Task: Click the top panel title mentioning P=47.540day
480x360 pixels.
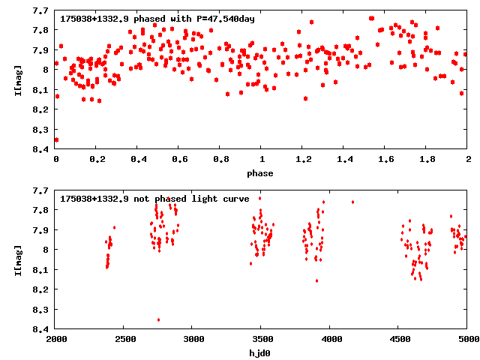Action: coord(157,19)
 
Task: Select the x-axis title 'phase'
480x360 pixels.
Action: coord(261,173)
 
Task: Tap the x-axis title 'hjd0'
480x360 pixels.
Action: coord(261,352)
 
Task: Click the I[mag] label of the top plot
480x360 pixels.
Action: coord(19,80)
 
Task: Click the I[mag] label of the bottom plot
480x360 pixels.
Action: coord(19,259)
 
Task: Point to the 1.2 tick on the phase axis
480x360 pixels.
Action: coord(303,160)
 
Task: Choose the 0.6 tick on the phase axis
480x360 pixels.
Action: coord(179,160)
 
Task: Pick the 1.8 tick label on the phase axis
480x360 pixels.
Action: coord(427,160)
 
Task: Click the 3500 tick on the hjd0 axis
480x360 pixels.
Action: coord(262,340)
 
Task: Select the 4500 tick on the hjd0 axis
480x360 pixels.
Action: coord(399,340)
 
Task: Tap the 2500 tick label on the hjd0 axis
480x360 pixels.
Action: coord(124,340)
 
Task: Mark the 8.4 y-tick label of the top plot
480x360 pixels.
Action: coord(41,149)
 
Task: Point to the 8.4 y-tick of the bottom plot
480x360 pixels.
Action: coord(41,328)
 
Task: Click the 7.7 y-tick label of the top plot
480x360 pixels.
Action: coord(41,10)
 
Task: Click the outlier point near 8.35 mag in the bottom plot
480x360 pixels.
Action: coord(158,319)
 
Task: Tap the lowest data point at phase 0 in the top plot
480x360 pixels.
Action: coord(56,139)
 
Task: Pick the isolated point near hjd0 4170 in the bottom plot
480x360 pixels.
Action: coord(352,202)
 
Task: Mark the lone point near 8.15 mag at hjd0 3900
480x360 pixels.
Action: coord(316,280)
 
